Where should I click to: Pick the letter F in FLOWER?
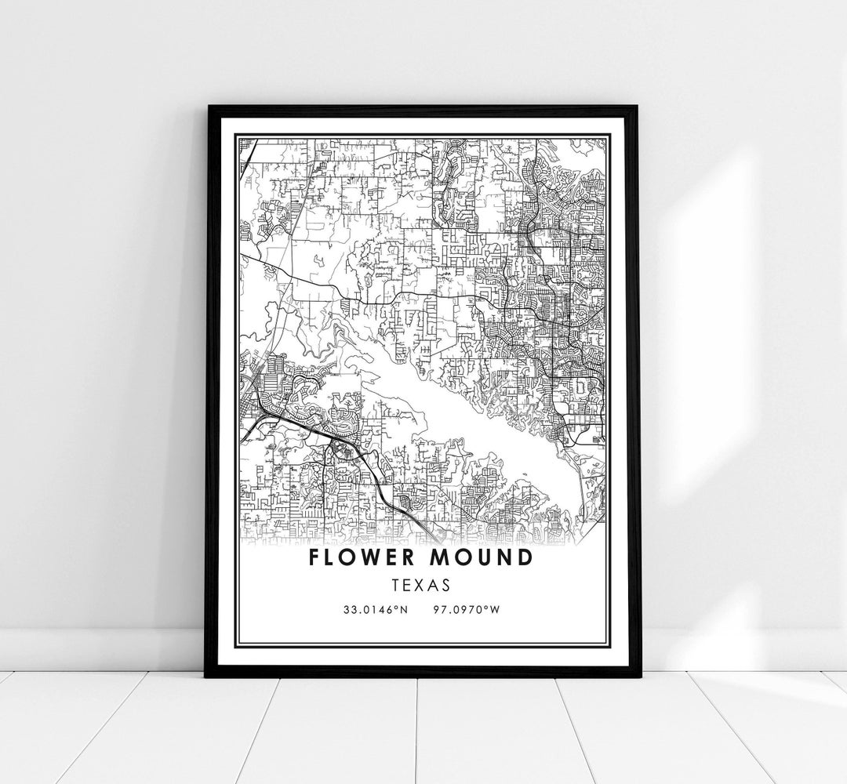[x=314, y=558]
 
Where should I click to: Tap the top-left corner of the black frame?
[x=207, y=107]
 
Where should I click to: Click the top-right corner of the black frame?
[x=638, y=107]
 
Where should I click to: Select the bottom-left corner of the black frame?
[x=207, y=675]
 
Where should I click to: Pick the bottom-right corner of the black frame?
[x=638, y=675]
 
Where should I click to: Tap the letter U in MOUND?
[x=479, y=558]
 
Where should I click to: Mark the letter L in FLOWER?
[x=331, y=558]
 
